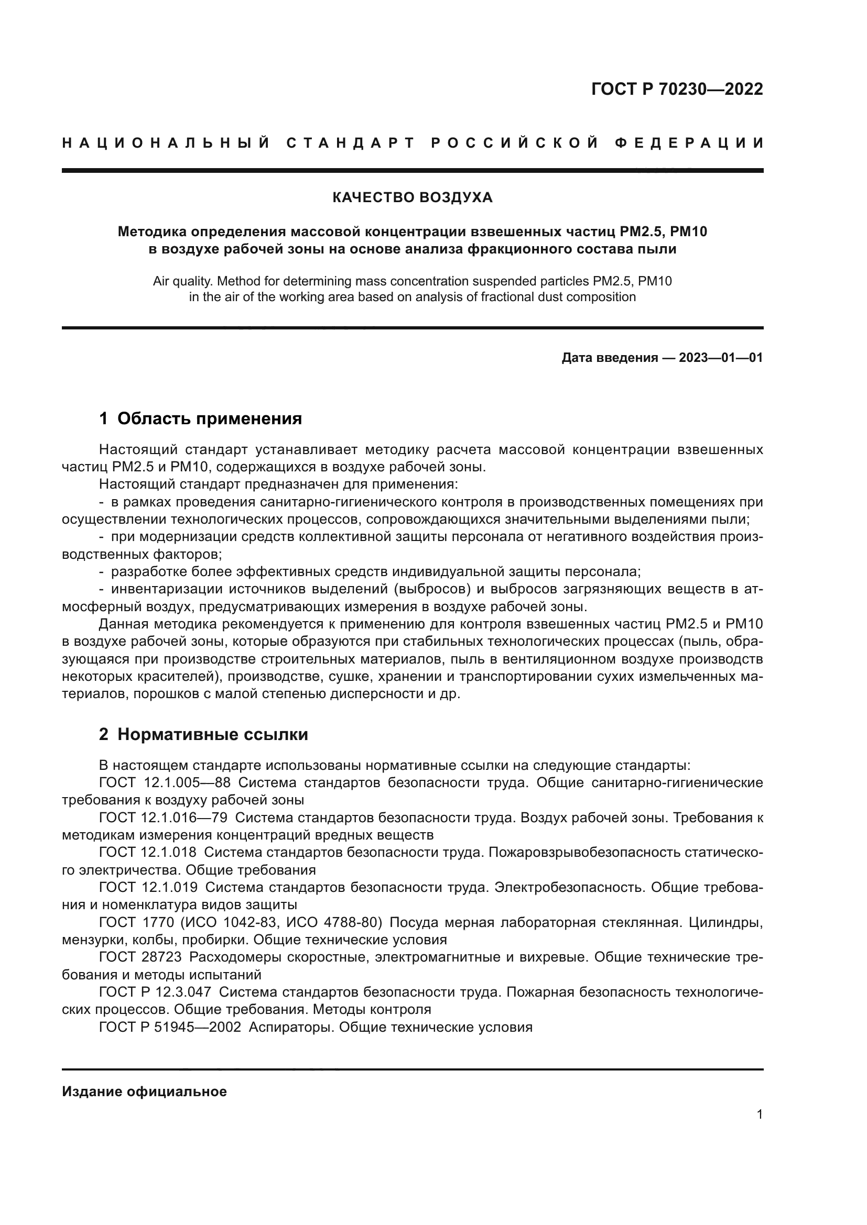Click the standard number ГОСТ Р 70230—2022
[x=677, y=89]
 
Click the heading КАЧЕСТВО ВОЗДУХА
[x=412, y=198]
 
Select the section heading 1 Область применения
[x=200, y=419]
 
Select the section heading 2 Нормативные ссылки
[x=203, y=735]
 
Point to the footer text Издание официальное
[x=144, y=1091]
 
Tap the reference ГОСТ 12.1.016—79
[x=163, y=818]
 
